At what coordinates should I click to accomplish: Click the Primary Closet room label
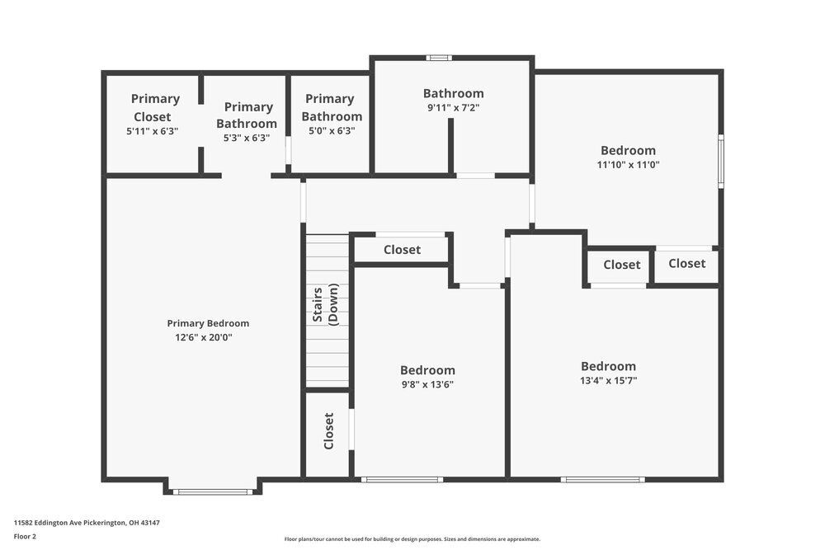[155, 107]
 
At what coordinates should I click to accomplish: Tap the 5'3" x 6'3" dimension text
[247, 138]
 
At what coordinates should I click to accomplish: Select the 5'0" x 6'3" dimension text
[329, 131]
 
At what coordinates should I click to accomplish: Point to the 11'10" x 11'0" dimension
[628, 164]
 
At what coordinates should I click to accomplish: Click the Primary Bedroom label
[208, 323]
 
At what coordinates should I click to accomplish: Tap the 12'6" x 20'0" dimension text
[204, 337]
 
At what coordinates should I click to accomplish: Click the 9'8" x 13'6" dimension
[427, 384]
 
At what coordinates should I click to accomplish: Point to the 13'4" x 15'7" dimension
[609, 380]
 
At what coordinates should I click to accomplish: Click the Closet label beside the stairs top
[402, 250]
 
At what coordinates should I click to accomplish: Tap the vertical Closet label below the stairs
[328, 430]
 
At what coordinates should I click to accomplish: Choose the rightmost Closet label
[686, 263]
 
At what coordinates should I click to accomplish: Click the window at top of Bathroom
[439, 58]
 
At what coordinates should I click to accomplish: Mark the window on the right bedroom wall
[720, 161]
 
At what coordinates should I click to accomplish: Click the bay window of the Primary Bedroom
[213, 492]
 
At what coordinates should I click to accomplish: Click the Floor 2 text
[25, 536]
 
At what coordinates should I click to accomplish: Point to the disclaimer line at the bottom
[412, 538]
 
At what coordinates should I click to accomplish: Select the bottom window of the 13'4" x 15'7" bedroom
[602, 479]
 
